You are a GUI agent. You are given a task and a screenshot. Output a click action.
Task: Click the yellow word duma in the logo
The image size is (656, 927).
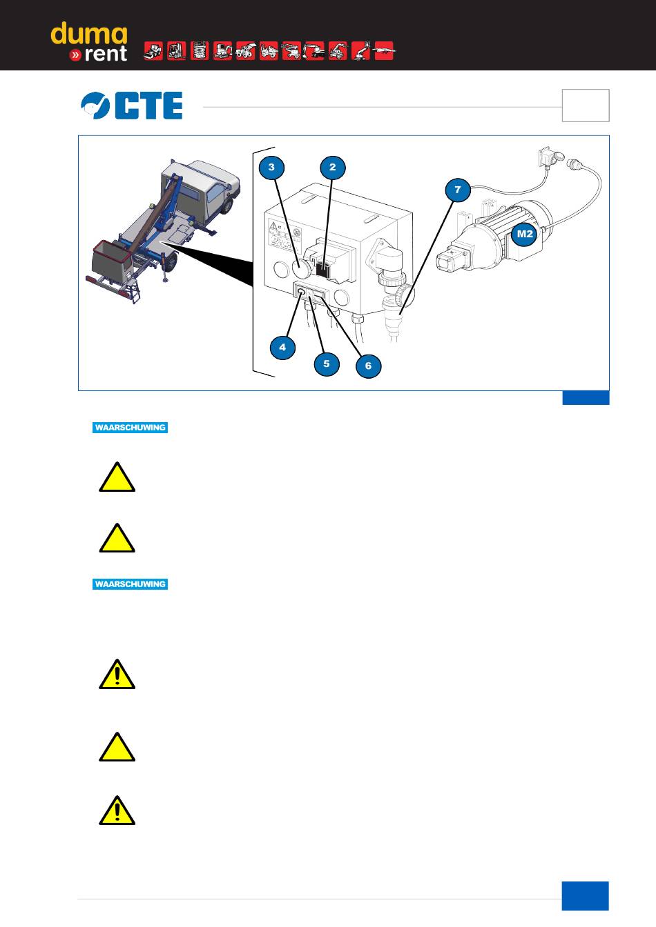tap(88, 35)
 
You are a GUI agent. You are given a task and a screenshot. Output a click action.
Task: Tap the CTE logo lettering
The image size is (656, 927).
tap(148, 106)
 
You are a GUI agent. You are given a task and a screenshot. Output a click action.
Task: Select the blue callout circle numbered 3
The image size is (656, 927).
tap(272, 167)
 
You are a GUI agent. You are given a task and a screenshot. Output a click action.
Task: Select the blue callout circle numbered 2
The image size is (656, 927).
tap(332, 167)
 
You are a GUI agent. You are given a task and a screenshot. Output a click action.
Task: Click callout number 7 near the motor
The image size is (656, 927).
tap(457, 189)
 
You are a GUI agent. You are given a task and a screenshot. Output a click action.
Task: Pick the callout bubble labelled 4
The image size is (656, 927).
tap(282, 347)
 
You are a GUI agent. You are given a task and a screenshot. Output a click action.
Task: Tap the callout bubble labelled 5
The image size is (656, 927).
tap(327, 363)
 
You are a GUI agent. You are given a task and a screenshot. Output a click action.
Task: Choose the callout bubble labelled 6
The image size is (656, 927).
tap(368, 366)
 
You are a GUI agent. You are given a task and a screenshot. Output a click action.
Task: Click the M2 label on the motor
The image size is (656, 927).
tap(525, 234)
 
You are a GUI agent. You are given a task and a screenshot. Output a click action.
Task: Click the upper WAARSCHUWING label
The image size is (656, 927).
tap(131, 428)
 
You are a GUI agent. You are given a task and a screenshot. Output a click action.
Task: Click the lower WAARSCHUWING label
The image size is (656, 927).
tap(131, 584)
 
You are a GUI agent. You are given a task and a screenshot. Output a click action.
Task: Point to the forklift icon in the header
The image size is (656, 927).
tap(176, 51)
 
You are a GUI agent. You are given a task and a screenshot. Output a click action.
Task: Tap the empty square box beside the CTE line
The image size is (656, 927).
tap(586, 106)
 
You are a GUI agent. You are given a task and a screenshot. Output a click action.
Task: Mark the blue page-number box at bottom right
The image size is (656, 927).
tap(586, 896)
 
